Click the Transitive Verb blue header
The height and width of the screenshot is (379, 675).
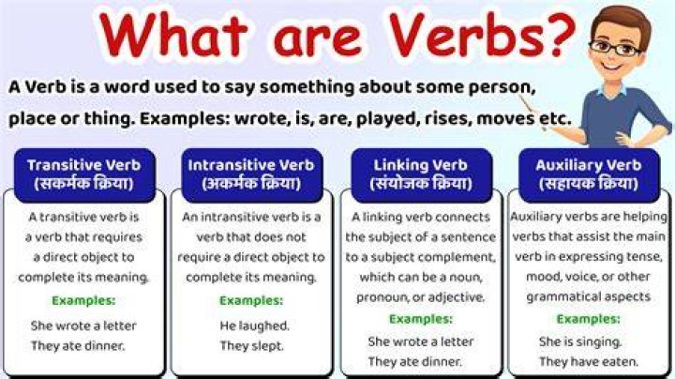pyautogui.click(x=84, y=174)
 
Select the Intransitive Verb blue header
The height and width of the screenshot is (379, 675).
pyautogui.click(x=252, y=174)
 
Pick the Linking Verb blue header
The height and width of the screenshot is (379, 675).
pyautogui.click(x=422, y=174)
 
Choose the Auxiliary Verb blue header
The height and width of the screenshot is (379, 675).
pyautogui.click(x=589, y=174)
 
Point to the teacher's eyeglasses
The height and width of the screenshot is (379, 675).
pyautogui.click(x=615, y=47)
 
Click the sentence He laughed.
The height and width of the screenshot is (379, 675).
pyautogui.click(x=254, y=326)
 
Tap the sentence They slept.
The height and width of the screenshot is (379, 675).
pyautogui.click(x=252, y=345)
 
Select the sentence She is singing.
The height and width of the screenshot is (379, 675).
pyautogui.click(x=580, y=341)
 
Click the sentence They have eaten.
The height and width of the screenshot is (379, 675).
pyautogui.click(x=589, y=361)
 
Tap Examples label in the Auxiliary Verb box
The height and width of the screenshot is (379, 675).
pyautogui.click(x=589, y=319)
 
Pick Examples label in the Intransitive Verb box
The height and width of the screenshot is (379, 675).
pyautogui.click(x=251, y=300)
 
